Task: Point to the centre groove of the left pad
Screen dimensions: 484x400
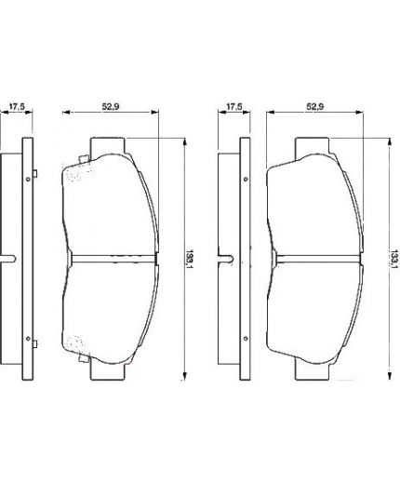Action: (x=109, y=258)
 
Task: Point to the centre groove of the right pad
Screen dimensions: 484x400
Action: (x=313, y=258)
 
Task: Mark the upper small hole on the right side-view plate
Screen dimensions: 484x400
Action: (x=245, y=178)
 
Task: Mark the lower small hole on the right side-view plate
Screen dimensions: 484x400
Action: (x=245, y=338)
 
